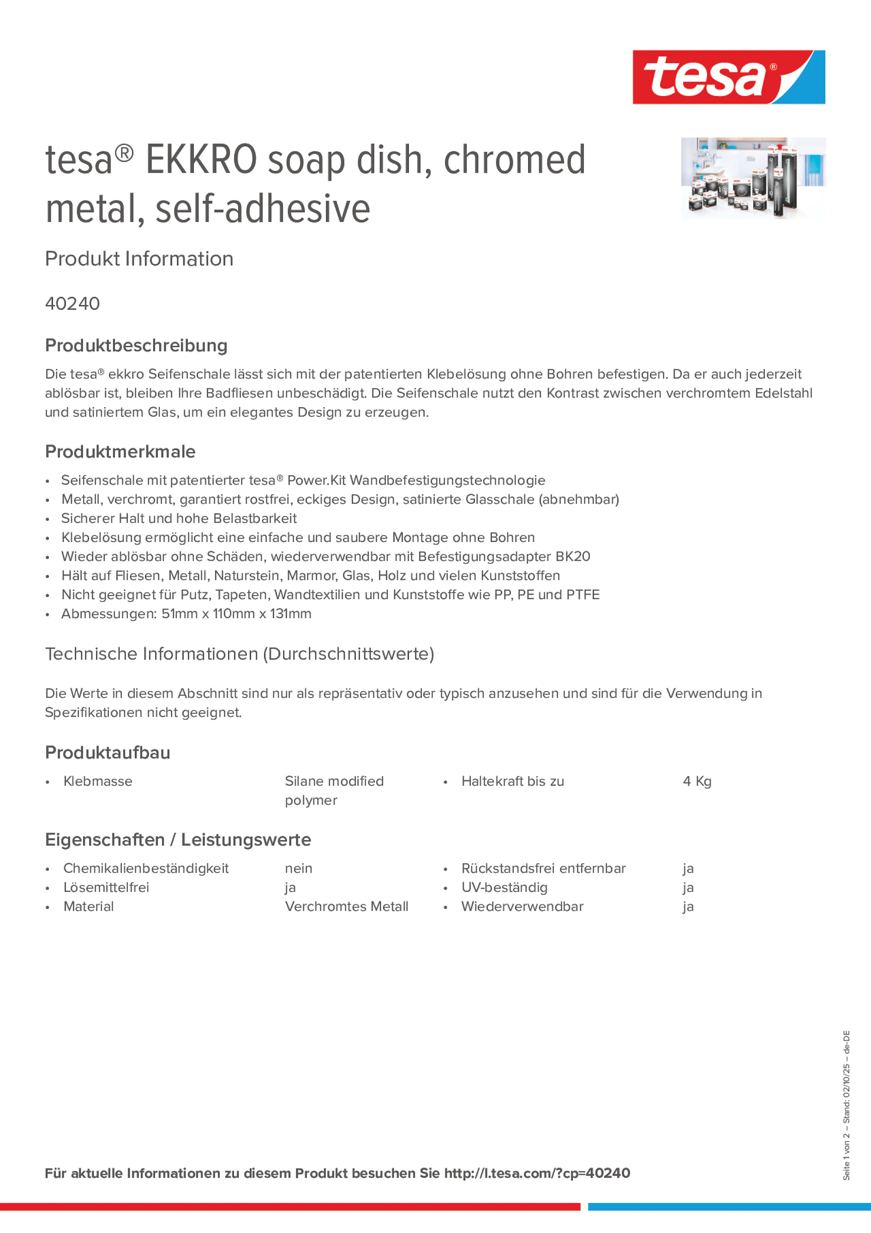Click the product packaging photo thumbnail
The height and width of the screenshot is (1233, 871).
tap(753, 178)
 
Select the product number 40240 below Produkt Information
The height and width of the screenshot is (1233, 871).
tap(72, 303)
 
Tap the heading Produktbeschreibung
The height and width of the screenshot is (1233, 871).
tap(136, 345)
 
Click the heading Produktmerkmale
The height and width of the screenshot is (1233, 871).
tap(120, 451)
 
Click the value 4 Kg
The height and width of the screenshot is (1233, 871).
tap(697, 782)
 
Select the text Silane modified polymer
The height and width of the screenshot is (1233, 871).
tap(334, 790)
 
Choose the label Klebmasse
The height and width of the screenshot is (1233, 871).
tap(98, 782)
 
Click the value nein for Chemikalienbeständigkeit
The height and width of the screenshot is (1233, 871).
tap(299, 868)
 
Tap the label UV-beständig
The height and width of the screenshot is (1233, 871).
tap(504, 888)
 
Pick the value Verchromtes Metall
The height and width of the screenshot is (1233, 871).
tap(346, 907)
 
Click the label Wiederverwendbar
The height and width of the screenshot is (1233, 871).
tap(522, 907)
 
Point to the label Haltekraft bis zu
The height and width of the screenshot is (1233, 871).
tap(513, 782)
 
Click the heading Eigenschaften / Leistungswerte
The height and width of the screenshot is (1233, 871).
tap(178, 839)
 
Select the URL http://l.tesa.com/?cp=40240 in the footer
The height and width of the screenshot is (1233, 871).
tap(537, 1173)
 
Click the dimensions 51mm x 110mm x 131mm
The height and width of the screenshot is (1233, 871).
tap(236, 614)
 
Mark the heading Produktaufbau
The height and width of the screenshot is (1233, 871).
tap(108, 752)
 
